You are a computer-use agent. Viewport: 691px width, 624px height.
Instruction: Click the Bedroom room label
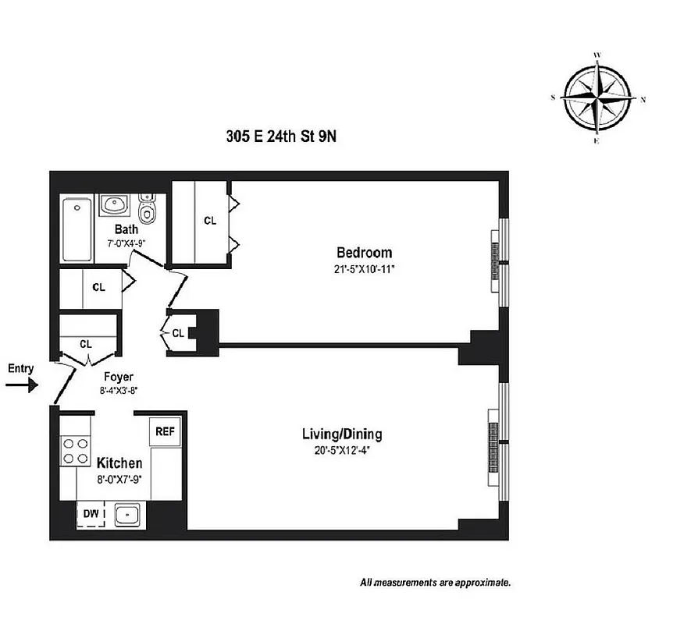[x=364, y=253]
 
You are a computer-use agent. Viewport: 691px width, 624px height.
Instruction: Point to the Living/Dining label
[x=342, y=434]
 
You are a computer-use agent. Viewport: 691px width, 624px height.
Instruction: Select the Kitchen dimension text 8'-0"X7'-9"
[x=119, y=478]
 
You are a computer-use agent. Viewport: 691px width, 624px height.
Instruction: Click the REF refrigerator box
[x=165, y=431]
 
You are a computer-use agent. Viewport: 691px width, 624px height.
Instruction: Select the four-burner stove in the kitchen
[x=75, y=448]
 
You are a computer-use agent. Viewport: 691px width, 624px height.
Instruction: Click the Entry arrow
[x=22, y=384]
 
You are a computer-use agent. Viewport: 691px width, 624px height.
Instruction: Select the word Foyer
[x=117, y=378]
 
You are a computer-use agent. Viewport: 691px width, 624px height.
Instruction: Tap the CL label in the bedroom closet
[x=210, y=221]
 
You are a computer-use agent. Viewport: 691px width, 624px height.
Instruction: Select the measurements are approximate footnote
[x=435, y=582]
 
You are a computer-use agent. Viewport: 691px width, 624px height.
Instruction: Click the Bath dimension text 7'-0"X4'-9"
[x=126, y=243]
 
